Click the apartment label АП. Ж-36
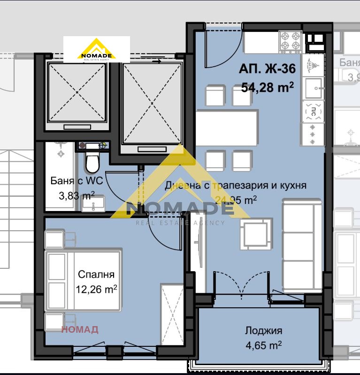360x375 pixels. coord(267,69)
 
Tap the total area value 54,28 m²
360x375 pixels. coord(267,87)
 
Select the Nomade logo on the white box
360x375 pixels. coord(96,49)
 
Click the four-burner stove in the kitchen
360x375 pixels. coord(291,42)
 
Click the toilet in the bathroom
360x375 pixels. coord(92,162)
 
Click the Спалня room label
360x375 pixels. coord(96,274)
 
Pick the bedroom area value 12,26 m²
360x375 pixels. coord(96,288)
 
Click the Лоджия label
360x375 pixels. coord(263,331)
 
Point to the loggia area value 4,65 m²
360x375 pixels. coord(263,345)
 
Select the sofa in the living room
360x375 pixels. coord(302,244)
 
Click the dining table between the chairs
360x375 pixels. coord(227,128)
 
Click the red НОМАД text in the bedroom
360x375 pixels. coord(80,329)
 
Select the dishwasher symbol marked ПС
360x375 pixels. coord(312,111)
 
